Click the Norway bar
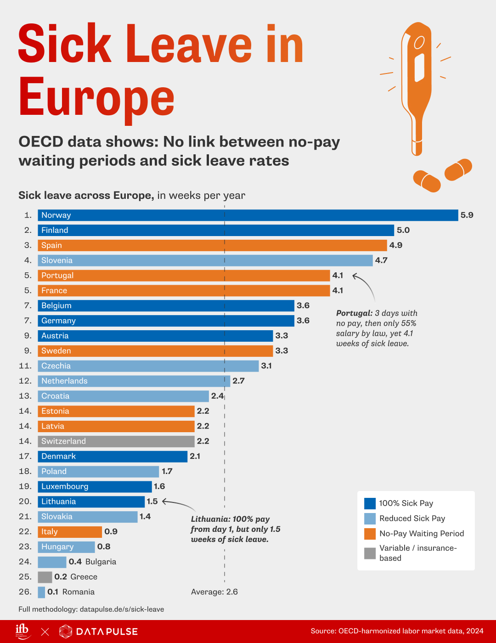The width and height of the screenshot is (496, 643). [x=248, y=215]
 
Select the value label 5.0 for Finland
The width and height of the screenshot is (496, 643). [x=403, y=230]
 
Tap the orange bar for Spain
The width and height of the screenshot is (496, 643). [x=212, y=245]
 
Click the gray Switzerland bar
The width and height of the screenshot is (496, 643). [x=116, y=441]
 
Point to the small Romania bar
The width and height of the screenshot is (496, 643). [x=41, y=592]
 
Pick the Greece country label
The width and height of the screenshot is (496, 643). [x=84, y=577]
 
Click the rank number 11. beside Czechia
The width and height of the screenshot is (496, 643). [x=25, y=366]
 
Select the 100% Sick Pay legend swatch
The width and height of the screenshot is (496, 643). [x=370, y=503]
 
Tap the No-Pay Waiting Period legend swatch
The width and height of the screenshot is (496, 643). [x=370, y=534]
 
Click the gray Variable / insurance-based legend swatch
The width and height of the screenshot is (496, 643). [x=370, y=553]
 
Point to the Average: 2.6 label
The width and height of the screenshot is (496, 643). [x=214, y=592]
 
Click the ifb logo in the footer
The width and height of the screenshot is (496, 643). [x=23, y=631]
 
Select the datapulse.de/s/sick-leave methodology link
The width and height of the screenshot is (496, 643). [x=122, y=609]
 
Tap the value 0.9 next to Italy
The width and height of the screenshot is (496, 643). [x=111, y=532]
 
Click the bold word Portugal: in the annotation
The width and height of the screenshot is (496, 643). [x=354, y=313]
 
